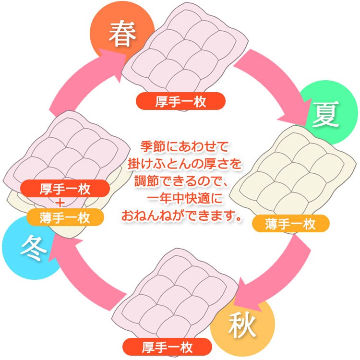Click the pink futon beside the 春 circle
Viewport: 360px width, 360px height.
click(180, 53)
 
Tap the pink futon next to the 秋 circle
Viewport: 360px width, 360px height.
click(180, 295)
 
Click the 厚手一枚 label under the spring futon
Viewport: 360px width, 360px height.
click(180, 101)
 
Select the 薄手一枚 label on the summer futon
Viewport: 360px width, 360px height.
click(290, 223)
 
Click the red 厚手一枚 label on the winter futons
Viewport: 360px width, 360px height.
click(65, 187)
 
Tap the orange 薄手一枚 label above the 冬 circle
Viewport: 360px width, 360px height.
click(65, 217)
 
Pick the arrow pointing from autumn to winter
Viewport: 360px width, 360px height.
click(89, 276)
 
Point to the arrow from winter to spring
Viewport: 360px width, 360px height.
click(82, 82)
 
